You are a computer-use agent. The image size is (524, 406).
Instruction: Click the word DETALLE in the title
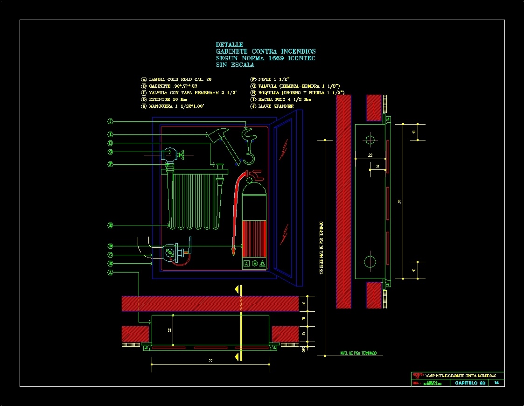[x=230, y=45]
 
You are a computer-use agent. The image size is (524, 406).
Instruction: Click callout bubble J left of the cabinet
[x=110, y=122]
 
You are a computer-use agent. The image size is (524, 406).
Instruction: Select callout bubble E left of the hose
[x=110, y=225]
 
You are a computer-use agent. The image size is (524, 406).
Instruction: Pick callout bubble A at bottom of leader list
[x=110, y=272]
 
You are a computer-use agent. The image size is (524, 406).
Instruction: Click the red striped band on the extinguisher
[x=254, y=238]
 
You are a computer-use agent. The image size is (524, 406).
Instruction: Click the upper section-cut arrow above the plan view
[x=239, y=289]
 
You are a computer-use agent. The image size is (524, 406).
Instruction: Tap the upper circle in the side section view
[x=370, y=140]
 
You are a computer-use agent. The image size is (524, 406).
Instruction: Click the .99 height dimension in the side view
[x=399, y=201]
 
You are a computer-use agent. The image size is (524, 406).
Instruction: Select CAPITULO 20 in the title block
[x=470, y=383]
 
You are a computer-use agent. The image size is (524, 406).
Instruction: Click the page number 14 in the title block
[x=496, y=383]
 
